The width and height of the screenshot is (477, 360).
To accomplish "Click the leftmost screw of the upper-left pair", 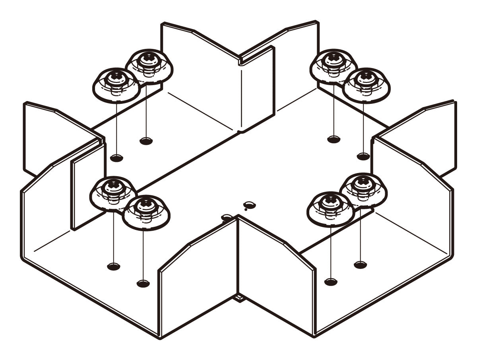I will tap(116, 85).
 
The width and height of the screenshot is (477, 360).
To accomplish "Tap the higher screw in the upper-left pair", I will tap(149, 66).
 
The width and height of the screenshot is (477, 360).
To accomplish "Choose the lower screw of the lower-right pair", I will tap(330, 209).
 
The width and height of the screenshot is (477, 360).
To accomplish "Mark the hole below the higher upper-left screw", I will tap(146, 141).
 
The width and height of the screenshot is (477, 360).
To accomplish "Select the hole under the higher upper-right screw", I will tap(334, 139).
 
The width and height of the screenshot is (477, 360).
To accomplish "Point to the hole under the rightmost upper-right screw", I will tap(363, 156).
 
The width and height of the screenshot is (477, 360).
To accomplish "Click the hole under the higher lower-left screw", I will tap(114, 267).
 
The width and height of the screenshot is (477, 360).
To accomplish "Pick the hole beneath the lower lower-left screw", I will tap(143, 284).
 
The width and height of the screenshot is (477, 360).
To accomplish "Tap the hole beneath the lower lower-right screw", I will tap(331, 282).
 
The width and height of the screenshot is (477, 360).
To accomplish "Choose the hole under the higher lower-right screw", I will tap(360, 265).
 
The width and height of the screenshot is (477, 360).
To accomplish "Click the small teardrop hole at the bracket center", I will tap(250, 205).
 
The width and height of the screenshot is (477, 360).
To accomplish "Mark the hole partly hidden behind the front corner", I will tap(227, 217).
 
